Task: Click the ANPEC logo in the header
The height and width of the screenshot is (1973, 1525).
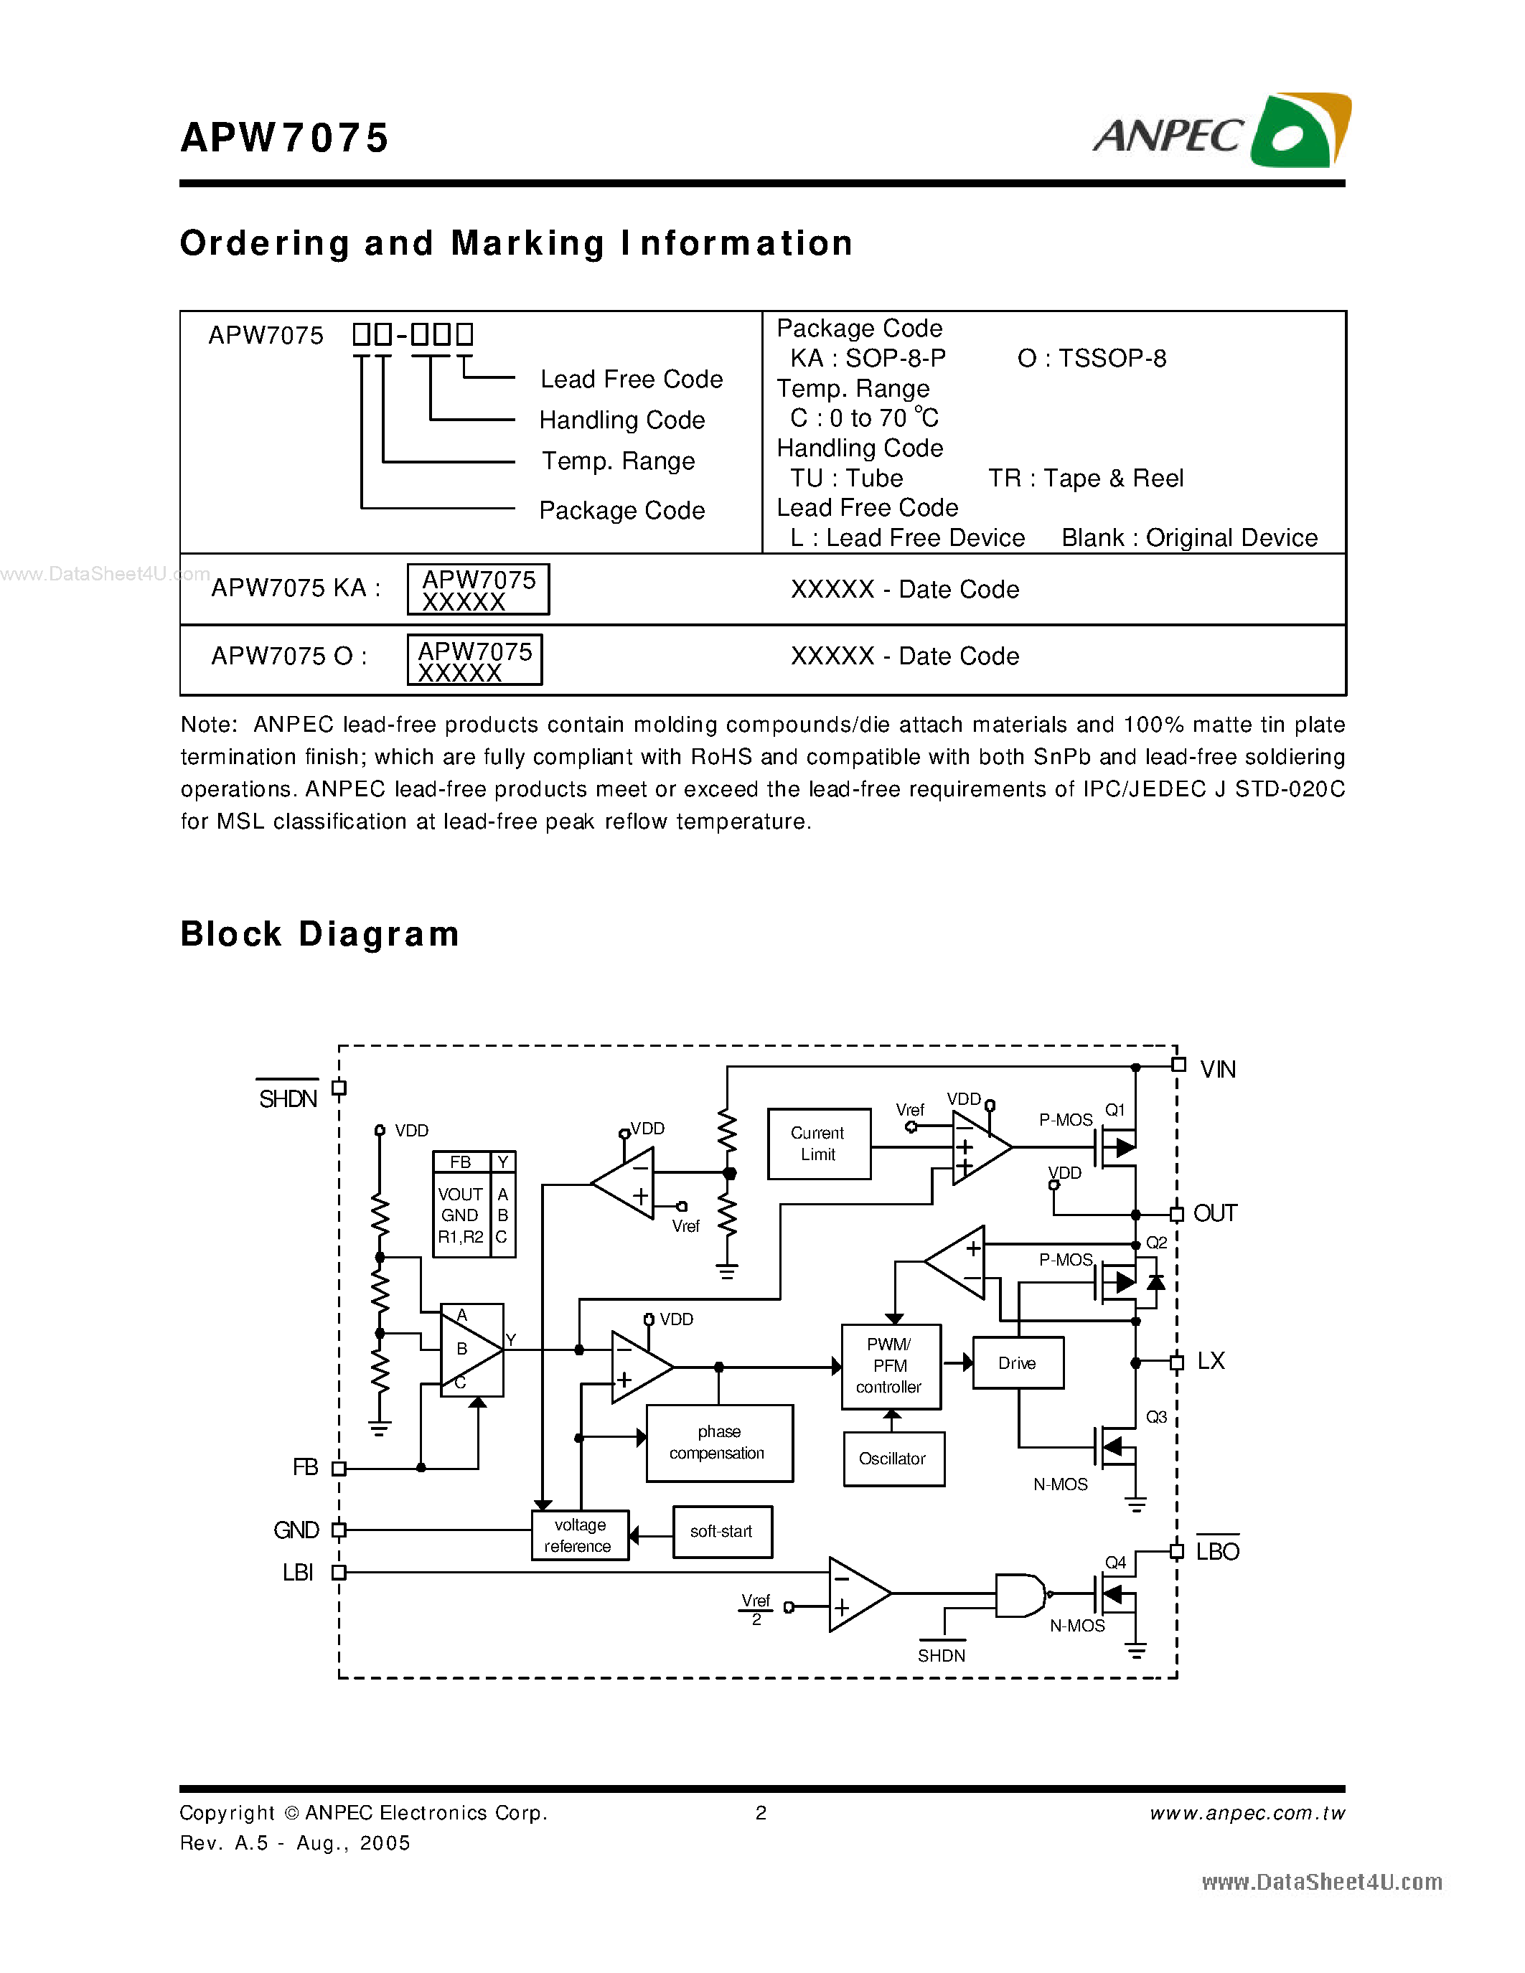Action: coord(1221,131)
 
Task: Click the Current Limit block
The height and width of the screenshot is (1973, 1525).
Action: coord(819,1144)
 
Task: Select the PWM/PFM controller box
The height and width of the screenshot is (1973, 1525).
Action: coord(891,1367)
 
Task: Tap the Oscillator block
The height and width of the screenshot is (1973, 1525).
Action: coord(893,1459)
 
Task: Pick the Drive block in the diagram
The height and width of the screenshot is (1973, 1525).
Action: coord(1018,1363)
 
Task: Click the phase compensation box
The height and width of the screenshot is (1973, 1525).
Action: coord(719,1443)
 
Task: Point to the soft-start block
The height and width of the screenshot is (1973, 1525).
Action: coord(722,1531)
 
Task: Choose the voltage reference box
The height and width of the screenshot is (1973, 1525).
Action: coord(579,1535)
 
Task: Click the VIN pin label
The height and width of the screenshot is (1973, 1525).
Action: coord(1217,1070)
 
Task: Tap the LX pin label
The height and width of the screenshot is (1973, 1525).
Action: coord(1211,1362)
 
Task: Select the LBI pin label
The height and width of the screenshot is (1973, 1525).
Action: coord(297,1573)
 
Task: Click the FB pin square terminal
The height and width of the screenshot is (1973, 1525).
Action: coord(339,1469)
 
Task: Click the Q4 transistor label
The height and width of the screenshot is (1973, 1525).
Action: coord(1116,1563)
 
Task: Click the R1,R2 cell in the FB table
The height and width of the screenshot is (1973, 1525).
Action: coord(461,1238)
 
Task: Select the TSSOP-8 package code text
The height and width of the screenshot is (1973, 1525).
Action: coord(1092,359)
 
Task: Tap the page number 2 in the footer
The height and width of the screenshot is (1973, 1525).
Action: coord(761,1813)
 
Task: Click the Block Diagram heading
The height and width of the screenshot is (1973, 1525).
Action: coord(320,934)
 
